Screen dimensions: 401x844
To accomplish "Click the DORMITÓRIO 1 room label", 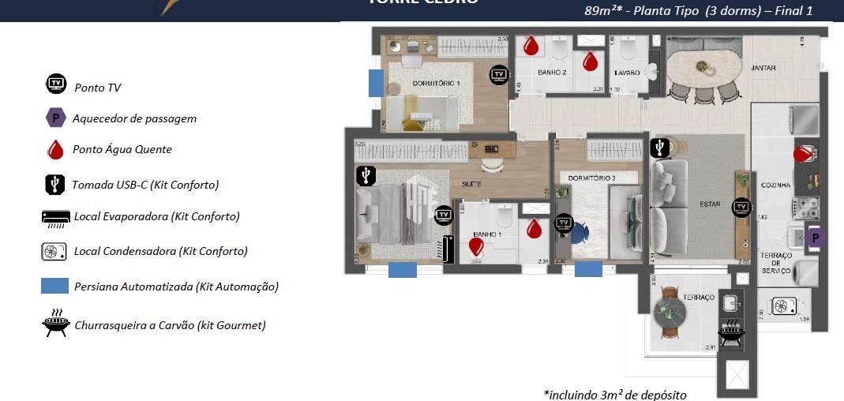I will pyautogui.click(x=437, y=83).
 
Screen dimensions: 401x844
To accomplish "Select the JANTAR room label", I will pyautogui.click(x=763, y=68).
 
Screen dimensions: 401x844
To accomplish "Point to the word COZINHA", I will pyautogui.click(x=775, y=186).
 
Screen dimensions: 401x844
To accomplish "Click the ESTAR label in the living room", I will pyautogui.click(x=710, y=204).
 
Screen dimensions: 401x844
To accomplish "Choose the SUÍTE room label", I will pyautogui.click(x=471, y=184).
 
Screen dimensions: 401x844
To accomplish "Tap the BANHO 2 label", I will pyautogui.click(x=553, y=73).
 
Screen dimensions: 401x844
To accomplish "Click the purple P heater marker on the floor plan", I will pyautogui.click(x=814, y=238).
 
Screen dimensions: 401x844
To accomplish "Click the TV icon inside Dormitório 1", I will pyautogui.click(x=499, y=74).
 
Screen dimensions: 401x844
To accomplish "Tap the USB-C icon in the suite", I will pyautogui.click(x=365, y=175).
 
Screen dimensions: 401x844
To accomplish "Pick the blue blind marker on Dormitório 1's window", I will pyautogui.click(x=377, y=83).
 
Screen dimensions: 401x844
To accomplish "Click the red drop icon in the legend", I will pyautogui.click(x=55, y=150).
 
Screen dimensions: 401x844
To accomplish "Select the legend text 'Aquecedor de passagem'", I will pyautogui.click(x=134, y=118).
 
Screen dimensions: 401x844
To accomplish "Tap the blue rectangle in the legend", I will pyautogui.click(x=54, y=287).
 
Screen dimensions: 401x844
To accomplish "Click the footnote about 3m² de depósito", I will pyautogui.click(x=615, y=394).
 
